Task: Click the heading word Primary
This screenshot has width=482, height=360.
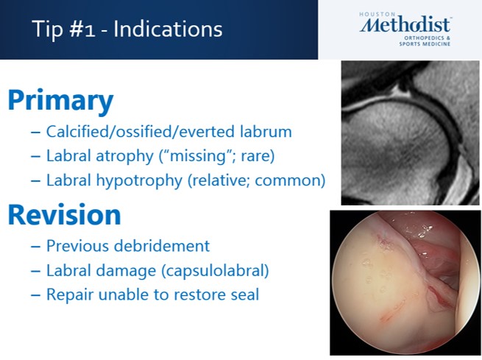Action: tap(60, 101)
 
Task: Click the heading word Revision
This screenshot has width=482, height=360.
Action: tap(64, 215)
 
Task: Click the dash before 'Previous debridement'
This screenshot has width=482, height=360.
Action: tap(35, 246)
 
